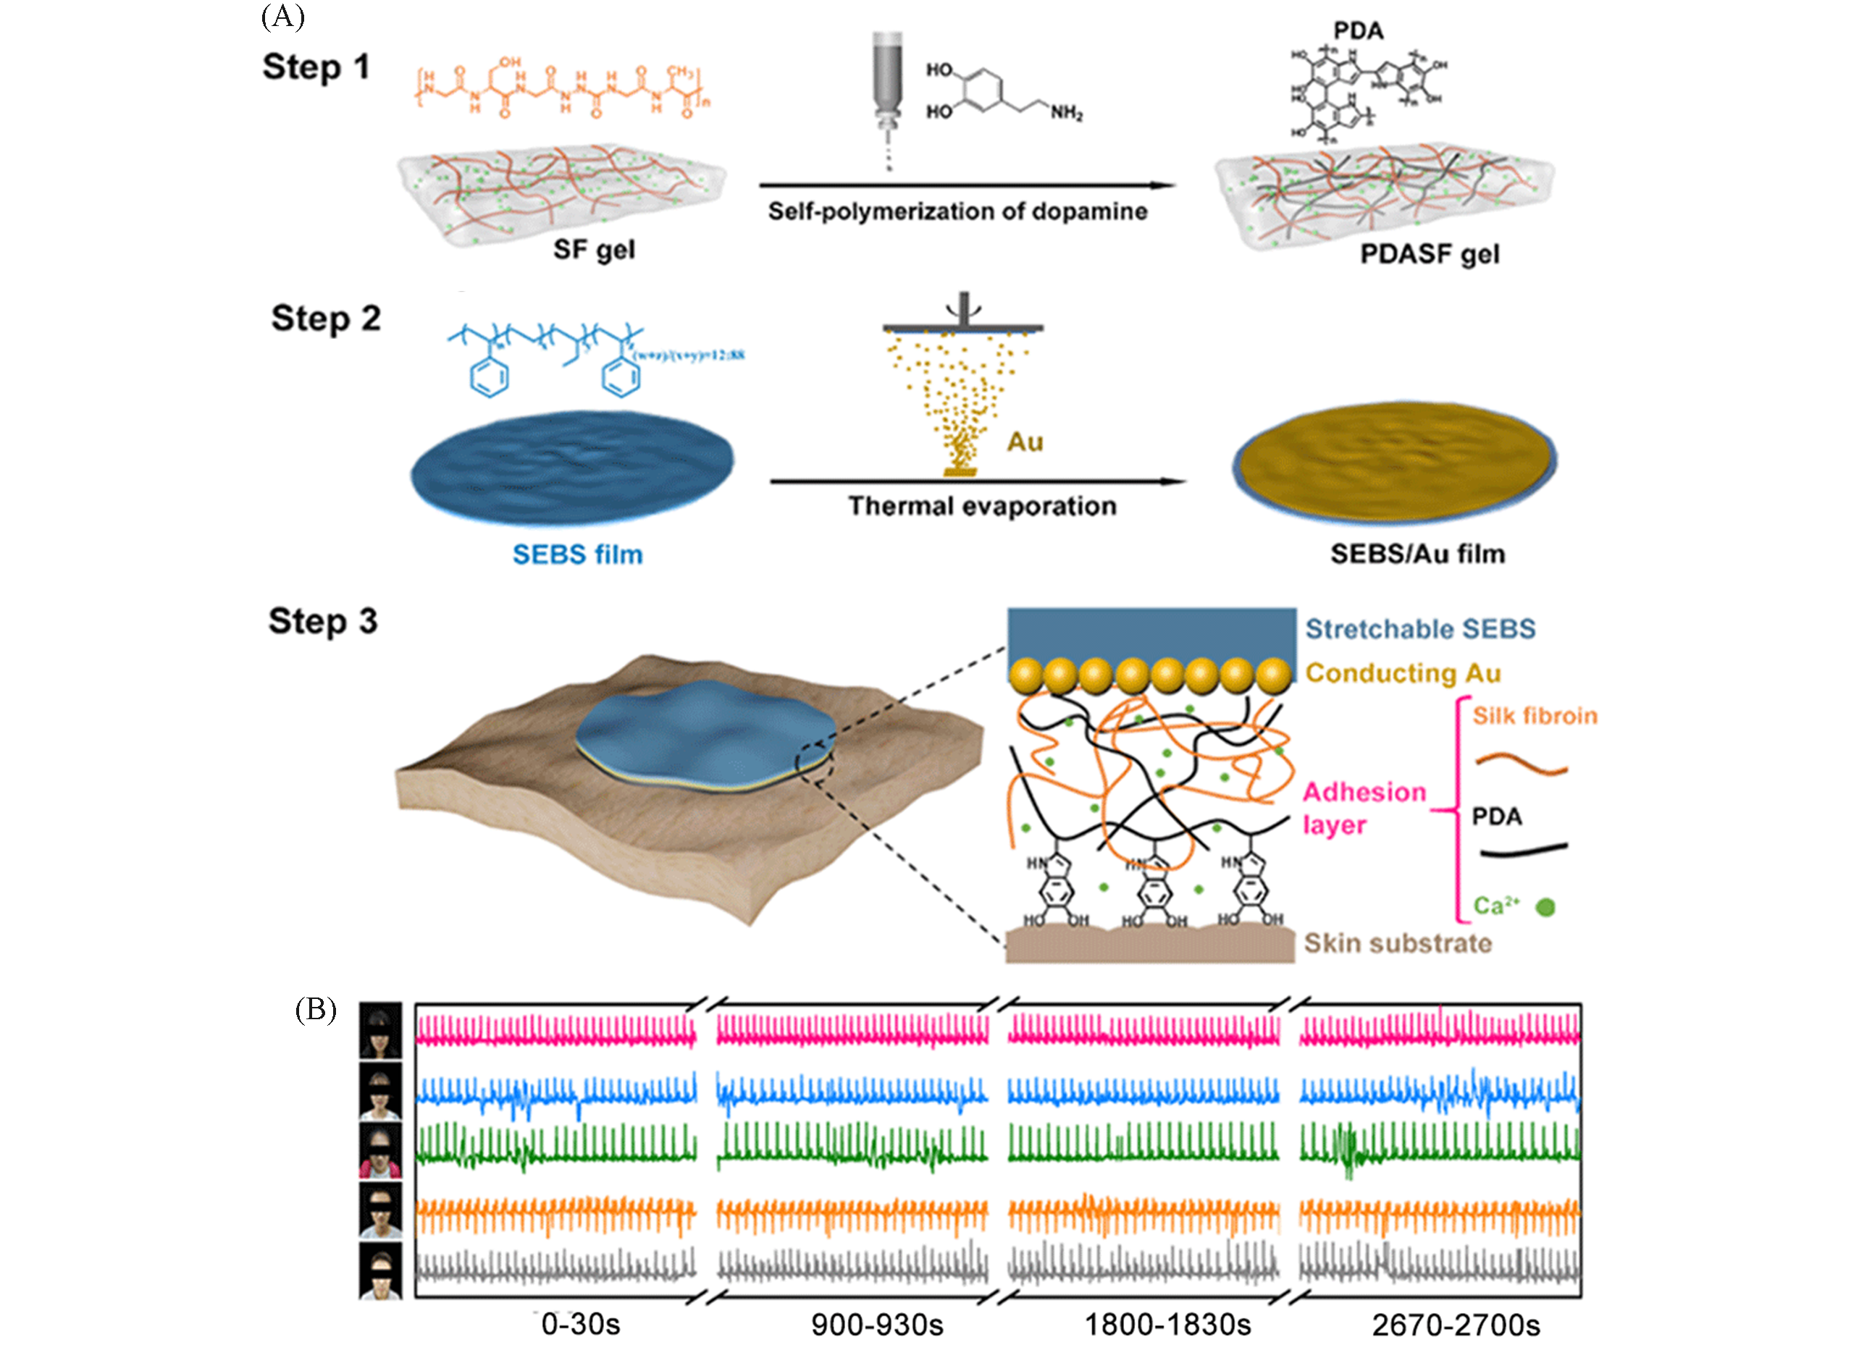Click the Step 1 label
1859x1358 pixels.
point(316,67)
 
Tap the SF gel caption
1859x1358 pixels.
point(594,249)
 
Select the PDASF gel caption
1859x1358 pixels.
point(1429,254)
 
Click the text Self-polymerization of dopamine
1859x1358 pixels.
point(957,211)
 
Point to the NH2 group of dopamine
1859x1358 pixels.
point(1067,114)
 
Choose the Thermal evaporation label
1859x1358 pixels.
point(982,505)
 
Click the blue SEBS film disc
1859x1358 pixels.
point(572,466)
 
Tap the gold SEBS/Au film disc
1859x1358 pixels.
point(1395,462)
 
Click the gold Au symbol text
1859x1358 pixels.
point(1025,442)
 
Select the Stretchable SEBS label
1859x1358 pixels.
point(1420,629)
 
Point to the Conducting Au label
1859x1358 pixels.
point(1403,673)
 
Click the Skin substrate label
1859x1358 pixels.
point(1398,943)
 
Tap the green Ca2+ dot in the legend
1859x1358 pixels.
point(1545,907)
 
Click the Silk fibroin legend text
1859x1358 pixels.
point(1535,716)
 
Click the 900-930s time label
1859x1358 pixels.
point(876,1324)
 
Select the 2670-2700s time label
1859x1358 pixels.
point(1456,1324)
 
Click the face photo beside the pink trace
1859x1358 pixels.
point(381,1029)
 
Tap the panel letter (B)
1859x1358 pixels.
point(316,1010)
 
